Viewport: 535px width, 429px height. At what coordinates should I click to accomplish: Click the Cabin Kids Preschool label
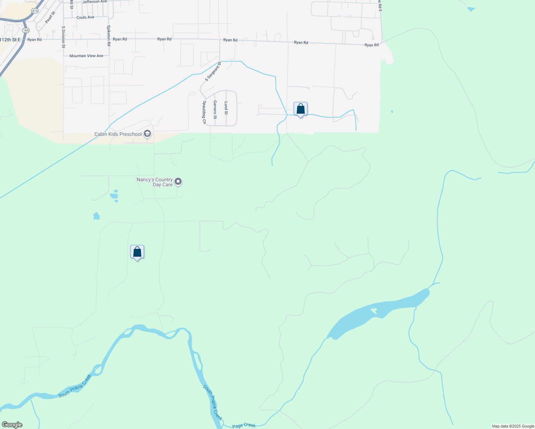coord(118,134)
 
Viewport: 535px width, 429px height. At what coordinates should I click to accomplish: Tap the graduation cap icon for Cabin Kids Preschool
coord(147,134)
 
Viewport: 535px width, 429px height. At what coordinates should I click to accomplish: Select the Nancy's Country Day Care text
coord(155,182)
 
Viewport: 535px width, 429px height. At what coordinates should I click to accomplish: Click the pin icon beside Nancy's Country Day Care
coord(178,182)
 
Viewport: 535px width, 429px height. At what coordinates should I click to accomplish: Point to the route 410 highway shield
coord(35,11)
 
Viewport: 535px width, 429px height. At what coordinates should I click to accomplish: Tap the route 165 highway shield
coord(26,30)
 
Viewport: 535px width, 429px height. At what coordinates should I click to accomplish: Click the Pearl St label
coord(50,18)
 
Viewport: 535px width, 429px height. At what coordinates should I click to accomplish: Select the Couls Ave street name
coord(85,17)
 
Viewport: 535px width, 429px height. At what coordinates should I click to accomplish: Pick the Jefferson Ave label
coord(95,2)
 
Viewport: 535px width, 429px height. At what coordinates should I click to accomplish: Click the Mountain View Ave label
coord(86,56)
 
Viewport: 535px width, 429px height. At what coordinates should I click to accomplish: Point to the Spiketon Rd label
coord(109,35)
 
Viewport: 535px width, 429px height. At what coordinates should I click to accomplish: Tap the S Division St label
coord(63,37)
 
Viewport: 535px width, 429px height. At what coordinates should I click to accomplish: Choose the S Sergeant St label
coord(213,71)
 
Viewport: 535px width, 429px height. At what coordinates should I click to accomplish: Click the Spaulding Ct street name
coord(205,112)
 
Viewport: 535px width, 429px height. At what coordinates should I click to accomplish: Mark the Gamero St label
coord(215,110)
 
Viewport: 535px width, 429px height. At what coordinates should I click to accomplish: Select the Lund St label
coord(226,108)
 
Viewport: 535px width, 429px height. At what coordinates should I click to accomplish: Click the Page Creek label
coord(244,425)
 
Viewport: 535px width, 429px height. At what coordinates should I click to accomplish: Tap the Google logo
coord(12,425)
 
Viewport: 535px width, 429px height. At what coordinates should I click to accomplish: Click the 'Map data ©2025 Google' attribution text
coord(513,426)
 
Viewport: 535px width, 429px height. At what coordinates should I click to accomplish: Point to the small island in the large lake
coord(374,311)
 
